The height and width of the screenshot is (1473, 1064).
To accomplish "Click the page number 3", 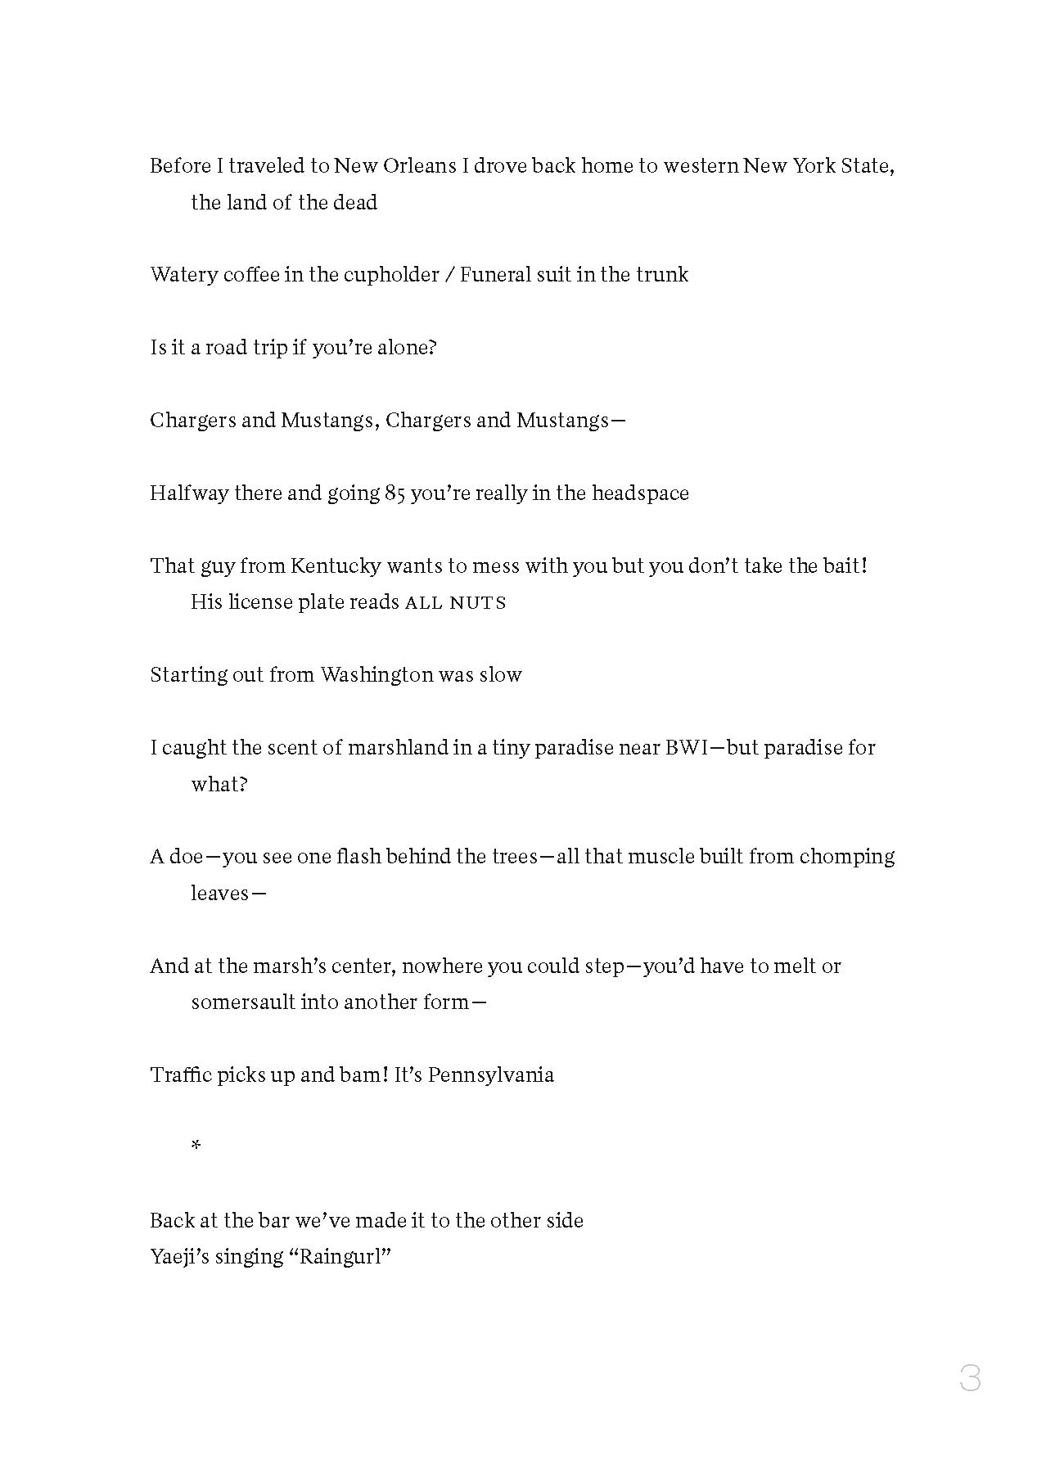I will (970, 1378).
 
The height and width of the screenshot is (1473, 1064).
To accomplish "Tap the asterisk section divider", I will (196, 1146).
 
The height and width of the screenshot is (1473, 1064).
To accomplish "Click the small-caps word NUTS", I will (484, 603).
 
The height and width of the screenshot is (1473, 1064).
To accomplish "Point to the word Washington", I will (376, 675).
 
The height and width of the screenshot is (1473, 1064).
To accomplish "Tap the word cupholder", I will (391, 275).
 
